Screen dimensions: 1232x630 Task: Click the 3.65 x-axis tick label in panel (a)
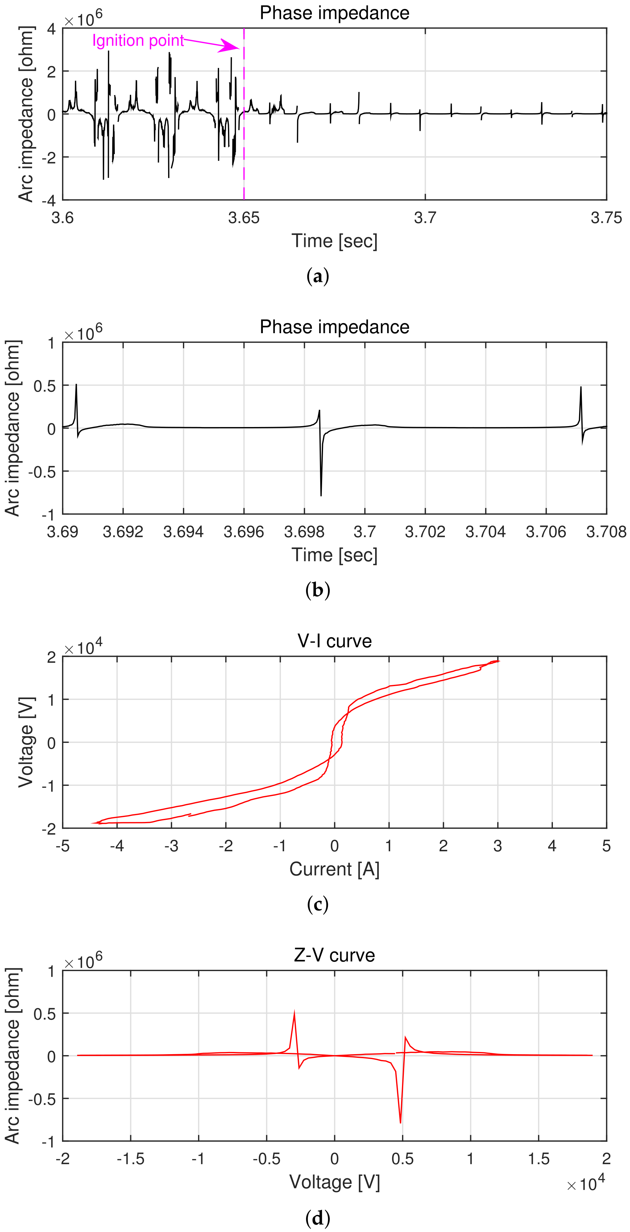click(x=244, y=218)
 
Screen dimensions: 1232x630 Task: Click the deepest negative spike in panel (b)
click(x=321, y=495)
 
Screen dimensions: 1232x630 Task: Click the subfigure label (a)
click(x=317, y=276)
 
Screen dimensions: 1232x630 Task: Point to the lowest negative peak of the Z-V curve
click(x=400, y=1122)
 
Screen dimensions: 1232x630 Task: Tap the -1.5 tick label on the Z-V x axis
click(x=131, y=1159)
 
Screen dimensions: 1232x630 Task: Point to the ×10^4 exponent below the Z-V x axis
click(x=586, y=1184)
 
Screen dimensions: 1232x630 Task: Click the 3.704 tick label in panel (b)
click(x=485, y=532)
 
